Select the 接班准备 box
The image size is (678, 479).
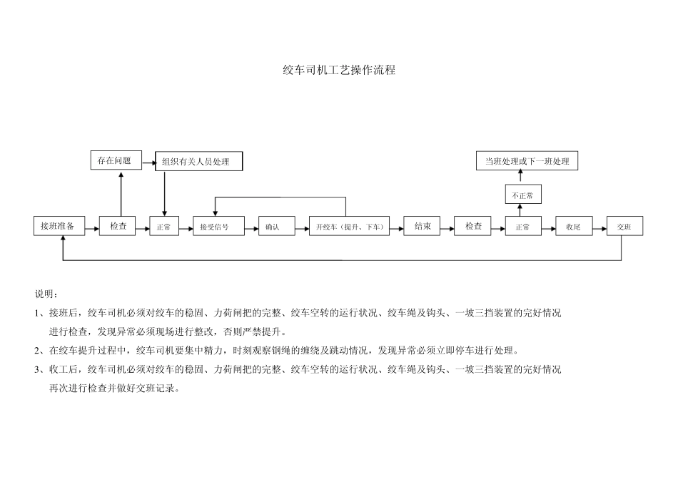pos(59,226)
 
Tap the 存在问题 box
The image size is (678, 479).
pos(115,160)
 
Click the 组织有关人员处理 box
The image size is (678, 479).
pos(199,161)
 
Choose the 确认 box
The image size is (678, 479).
pos(272,227)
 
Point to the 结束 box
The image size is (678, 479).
pos(423,226)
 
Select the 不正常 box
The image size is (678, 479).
pos(523,194)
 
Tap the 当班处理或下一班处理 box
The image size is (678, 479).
pos(527,161)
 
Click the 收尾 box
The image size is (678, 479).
pos(574,227)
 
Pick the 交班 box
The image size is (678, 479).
pos(624,227)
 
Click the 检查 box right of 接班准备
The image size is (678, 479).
pos(118,226)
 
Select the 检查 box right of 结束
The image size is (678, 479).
pos(473,226)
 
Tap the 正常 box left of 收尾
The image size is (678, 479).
pos(523,227)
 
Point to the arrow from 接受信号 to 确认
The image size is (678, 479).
pos(251,228)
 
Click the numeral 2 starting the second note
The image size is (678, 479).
pos(37,351)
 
